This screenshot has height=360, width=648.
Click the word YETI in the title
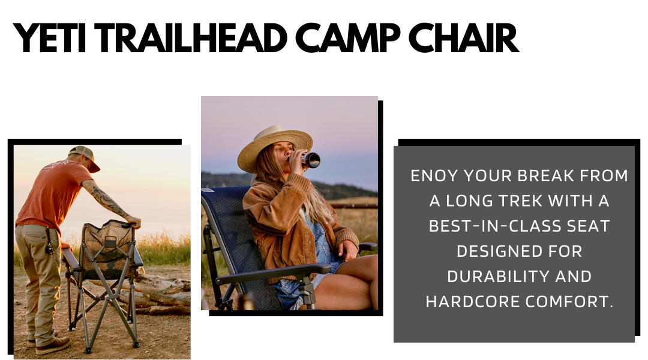(50, 38)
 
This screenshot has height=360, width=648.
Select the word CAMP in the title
(347, 38)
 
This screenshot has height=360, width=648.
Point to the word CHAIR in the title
(463, 38)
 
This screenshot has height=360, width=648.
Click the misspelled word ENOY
(434, 176)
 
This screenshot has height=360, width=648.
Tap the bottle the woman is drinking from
(308, 160)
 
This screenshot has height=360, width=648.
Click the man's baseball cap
(85, 157)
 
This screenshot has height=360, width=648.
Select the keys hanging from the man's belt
(50, 247)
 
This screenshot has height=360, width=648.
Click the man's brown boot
(53, 346)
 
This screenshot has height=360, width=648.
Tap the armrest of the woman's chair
(273, 273)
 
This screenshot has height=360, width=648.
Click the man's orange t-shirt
(50, 194)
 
